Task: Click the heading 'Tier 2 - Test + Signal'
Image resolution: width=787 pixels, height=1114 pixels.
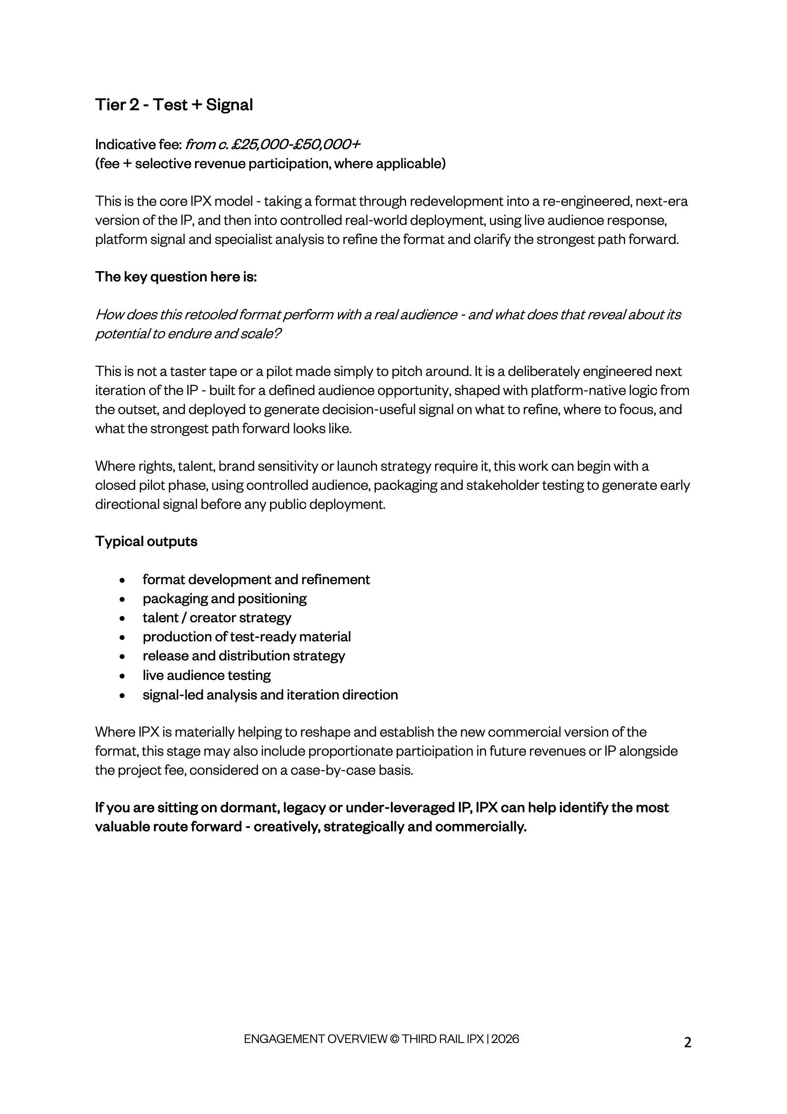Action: (x=174, y=105)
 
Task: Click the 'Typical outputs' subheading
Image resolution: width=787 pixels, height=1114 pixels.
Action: (x=146, y=541)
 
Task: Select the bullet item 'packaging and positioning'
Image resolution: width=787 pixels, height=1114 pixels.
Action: (x=224, y=599)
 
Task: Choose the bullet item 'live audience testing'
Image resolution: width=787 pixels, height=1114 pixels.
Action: (x=207, y=675)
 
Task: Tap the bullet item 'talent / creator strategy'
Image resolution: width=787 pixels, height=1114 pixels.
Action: (x=217, y=618)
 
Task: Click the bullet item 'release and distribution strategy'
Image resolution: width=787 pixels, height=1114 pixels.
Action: (x=243, y=656)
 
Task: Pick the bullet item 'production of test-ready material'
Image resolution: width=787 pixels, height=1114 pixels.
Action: (x=246, y=637)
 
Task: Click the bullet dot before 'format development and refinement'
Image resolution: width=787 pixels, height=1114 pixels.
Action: (x=123, y=580)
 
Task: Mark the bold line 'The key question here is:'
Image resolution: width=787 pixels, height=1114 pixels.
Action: (x=176, y=276)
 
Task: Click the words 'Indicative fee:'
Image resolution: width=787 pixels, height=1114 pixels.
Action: (x=138, y=144)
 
